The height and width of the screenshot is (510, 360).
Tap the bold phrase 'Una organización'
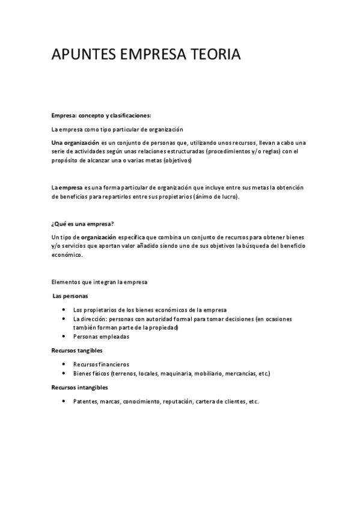click(x=75, y=143)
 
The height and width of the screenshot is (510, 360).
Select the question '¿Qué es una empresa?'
click(x=82, y=224)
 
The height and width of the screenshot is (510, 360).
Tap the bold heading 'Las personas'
click(x=70, y=296)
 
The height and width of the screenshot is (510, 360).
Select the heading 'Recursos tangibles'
click(x=77, y=350)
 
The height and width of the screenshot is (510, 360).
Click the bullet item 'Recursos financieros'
click(x=101, y=364)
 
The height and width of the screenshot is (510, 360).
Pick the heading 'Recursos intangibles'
click(x=79, y=387)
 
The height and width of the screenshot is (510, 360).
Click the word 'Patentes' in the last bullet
click(x=85, y=401)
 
